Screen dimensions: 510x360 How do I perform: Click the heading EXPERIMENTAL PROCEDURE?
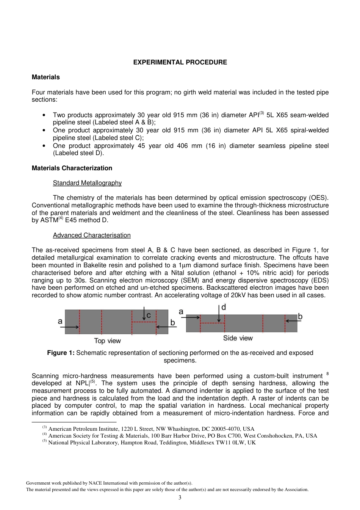tap(180, 62)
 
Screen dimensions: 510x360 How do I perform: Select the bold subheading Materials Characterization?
tap(72, 168)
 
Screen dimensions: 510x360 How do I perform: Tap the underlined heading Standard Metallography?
tap(87, 183)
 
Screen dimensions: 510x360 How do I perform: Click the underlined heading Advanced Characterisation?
tap(92, 235)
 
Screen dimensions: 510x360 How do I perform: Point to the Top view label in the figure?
tap(107, 341)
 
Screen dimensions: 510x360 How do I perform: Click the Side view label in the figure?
tap(238, 338)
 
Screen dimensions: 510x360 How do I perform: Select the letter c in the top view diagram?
tap(149, 315)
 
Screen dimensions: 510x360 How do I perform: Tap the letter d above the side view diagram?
tap(224, 307)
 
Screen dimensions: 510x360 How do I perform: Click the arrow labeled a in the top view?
tap(69, 327)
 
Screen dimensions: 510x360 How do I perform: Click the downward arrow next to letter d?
tap(219, 314)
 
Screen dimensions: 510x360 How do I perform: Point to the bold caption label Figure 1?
tap(61, 353)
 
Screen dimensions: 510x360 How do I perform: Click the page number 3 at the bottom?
tap(180, 497)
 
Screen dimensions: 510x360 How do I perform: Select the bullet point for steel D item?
tap(44, 146)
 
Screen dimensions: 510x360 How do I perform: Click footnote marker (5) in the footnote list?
tap(44, 441)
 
